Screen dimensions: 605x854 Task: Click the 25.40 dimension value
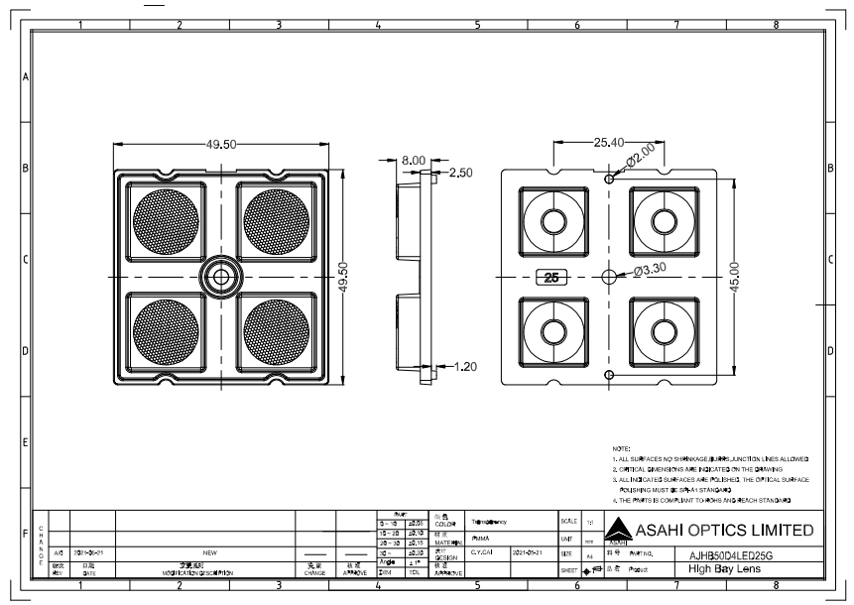(609, 143)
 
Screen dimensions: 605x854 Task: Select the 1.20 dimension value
(465, 366)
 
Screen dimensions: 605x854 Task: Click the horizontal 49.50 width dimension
(221, 144)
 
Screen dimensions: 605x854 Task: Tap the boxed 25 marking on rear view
(550, 278)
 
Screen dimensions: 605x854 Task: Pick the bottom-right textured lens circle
(276, 331)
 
